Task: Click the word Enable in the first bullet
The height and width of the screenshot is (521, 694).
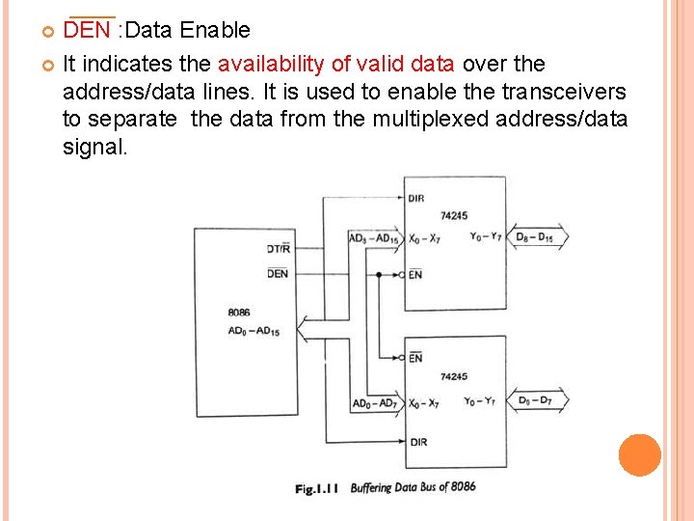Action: (x=214, y=31)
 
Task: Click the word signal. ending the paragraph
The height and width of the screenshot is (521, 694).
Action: (x=93, y=148)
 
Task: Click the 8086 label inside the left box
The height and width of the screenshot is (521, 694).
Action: (x=239, y=313)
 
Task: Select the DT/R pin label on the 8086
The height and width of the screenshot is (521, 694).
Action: (x=278, y=249)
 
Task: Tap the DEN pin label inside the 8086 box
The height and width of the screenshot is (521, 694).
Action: (x=278, y=274)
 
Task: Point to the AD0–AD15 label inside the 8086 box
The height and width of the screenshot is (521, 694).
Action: (x=254, y=332)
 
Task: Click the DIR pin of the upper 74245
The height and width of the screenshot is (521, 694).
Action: (x=416, y=199)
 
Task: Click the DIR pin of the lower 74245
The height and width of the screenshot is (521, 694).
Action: (x=417, y=442)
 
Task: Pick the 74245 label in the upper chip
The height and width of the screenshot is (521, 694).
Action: (x=453, y=216)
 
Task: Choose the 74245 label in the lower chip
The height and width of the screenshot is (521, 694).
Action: (x=453, y=376)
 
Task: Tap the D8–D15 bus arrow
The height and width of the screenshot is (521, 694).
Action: (x=536, y=237)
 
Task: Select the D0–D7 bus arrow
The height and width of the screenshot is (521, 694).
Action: (x=536, y=400)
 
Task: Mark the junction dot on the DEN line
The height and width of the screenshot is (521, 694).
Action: (x=380, y=275)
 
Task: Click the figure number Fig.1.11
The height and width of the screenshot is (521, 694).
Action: (x=318, y=489)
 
